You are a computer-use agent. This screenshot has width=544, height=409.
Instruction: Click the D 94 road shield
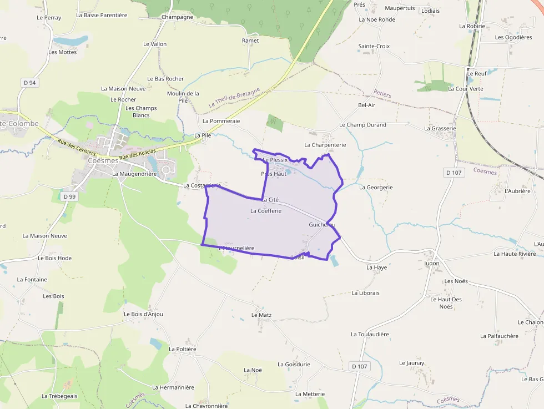pyautogui.click(x=30, y=83)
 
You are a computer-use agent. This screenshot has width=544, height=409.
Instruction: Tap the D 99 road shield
pyautogui.click(x=69, y=196)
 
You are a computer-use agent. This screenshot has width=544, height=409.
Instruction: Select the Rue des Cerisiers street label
pyautogui.click(x=77, y=148)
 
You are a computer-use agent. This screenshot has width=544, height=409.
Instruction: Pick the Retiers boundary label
pyautogui.click(x=382, y=94)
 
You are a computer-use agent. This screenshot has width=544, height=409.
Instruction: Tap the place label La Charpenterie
pyautogui.click(x=325, y=145)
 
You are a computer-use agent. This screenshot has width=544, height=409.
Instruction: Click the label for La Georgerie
pyautogui.click(x=376, y=188)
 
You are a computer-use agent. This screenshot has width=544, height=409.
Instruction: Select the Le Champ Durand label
pyautogui.click(x=362, y=125)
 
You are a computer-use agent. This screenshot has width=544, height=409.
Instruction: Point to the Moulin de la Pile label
pyautogui.click(x=183, y=97)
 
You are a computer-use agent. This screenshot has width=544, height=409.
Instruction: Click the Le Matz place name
pyautogui.click(x=258, y=315)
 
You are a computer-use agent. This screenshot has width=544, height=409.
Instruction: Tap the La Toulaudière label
pyautogui.click(x=370, y=335)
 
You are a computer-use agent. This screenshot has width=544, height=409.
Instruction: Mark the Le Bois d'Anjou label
pyautogui.click(x=143, y=314)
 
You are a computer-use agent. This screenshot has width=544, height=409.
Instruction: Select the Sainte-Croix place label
pyautogui.click(x=374, y=47)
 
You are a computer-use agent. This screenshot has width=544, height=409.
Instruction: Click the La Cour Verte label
pyautogui.click(x=466, y=89)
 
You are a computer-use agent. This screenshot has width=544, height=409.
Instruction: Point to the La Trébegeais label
pyautogui.click(x=59, y=396)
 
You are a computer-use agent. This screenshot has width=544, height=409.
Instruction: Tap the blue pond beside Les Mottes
pyautogui.click(x=70, y=41)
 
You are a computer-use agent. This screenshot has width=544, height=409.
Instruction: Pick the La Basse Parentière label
pyautogui.click(x=102, y=15)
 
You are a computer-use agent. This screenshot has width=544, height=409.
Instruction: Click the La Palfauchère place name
pyautogui.click(x=499, y=336)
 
